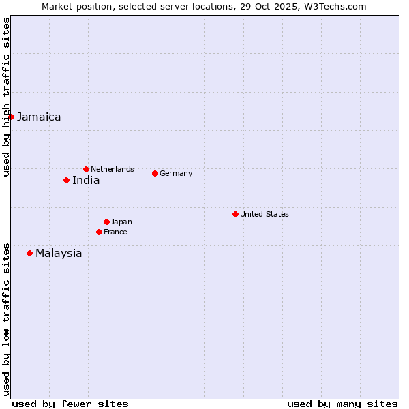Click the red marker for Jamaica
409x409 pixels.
(11, 117)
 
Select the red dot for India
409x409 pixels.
(66, 180)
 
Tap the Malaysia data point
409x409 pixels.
(29, 253)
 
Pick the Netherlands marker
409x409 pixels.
(86, 169)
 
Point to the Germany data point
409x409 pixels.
(155, 173)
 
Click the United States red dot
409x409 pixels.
(235, 214)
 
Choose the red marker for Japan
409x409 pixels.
(106, 222)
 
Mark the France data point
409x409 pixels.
(99, 232)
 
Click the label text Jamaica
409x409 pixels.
(39, 117)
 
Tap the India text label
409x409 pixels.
(86, 181)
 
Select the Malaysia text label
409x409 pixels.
(59, 254)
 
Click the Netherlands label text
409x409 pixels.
(112, 169)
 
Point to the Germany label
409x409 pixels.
(176, 173)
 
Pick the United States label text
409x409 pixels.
(264, 214)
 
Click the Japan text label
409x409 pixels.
(121, 222)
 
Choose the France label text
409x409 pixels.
(115, 232)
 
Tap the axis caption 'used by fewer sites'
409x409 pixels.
(70, 404)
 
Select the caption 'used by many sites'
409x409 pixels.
(342, 404)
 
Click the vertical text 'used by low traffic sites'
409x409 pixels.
(7, 319)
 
